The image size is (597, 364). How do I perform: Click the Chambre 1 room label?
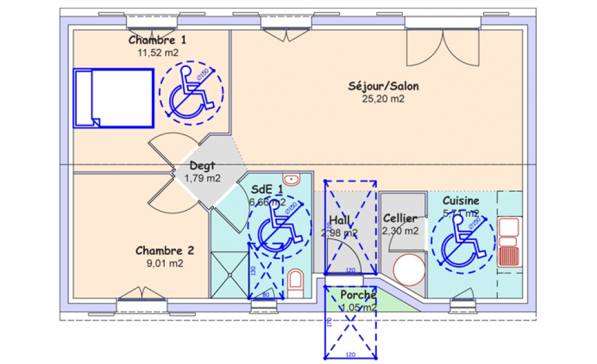(x=157, y=40)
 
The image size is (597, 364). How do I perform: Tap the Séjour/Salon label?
(x=383, y=86)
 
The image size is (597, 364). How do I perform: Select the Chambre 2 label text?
(x=165, y=251)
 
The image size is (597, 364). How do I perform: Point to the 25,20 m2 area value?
(x=383, y=99)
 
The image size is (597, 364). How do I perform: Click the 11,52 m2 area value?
(x=158, y=53)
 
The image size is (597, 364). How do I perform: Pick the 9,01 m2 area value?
(x=164, y=263)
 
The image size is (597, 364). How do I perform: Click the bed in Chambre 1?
(x=114, y=98)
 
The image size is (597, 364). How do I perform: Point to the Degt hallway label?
(x=203, y=166)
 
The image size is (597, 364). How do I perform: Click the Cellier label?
(x=400, y=219)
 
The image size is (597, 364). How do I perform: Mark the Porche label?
(x=358, y=296)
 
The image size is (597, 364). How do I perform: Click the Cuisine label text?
(x=461, y=201)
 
